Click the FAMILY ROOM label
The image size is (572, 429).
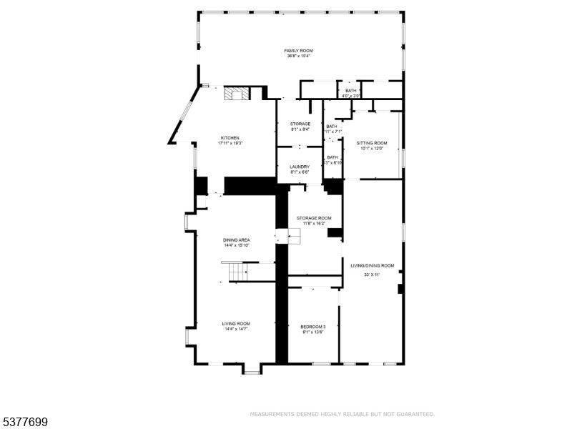299,51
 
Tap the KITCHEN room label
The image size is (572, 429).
230,138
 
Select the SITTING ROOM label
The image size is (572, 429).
371,143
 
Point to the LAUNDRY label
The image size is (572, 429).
300,167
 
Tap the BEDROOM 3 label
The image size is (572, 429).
312,326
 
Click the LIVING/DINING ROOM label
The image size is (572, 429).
372,265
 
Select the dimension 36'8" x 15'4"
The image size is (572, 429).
299,56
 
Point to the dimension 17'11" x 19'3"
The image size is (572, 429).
230,144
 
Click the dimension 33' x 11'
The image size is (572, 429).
372,275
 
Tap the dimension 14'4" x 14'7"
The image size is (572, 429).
235,330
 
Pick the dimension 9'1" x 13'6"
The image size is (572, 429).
312,332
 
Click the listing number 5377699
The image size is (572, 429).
25,423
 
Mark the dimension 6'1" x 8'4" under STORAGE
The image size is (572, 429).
300,129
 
